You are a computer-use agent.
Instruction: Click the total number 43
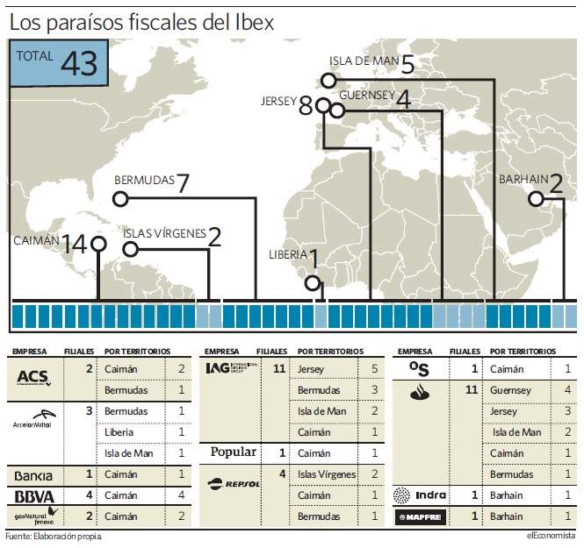pyautogui.click(x=79, y=63)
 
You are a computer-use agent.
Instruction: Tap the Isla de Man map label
pyautogui.click(x=364, y=61)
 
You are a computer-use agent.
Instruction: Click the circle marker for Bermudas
pyautogui.click(x=120, y=199)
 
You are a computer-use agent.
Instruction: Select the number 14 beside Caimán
pyautogui.click(x=75, y=245)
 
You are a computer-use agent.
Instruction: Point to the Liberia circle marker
pyautogui.click(x=313, y=283)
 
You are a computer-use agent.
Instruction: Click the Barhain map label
pyautogui.click(x=523, y=179)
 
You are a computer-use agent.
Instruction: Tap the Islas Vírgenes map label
pyautogui.click(x=164, y=233)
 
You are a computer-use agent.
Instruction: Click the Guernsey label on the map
pyautogui.click(x=367, y=96)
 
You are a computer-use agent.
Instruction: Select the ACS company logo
pyautogui.click(x=33, y=378)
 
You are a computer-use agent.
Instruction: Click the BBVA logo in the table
pyautogui.click(x=34, y=496)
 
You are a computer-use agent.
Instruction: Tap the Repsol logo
pyautogui.click(x=234, y=484)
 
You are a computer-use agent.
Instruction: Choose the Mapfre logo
pyautogui.click(x=420, y=516)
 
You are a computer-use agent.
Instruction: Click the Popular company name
pyautogui.click(x=233, y=452)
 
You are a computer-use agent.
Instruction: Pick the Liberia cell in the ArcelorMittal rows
pyautogui.click(x=119, y=432)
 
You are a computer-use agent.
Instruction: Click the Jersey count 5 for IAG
pyautogui.click(x=374, y=368)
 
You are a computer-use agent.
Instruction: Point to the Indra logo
pyautogui.click(x=420, y=495)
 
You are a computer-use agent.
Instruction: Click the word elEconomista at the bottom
pyautogui.click(x=551, y=536)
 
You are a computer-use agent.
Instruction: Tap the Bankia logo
pyautogui.click(x=33, y=476)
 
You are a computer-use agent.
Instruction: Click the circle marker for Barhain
pyautogui.click(x=536, y=199)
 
